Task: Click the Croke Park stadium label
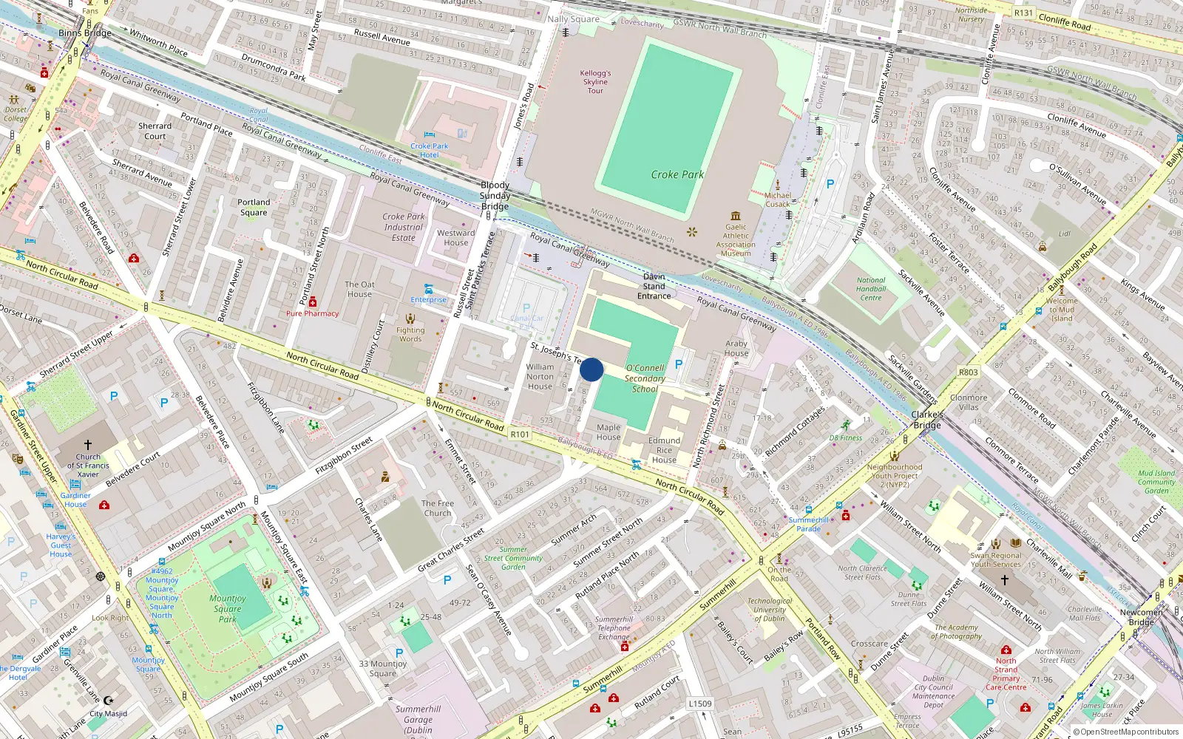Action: [677, 174]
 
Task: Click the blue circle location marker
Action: [591, 369]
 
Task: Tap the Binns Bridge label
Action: [85, 33]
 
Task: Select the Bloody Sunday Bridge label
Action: [495, 196]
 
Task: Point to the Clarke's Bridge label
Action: [926, 420]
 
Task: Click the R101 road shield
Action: [520, 435]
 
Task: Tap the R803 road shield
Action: [968, 372]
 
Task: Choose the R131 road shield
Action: [1023, 13]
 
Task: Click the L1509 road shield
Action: [699, 704]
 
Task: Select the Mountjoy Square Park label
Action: [227, 609]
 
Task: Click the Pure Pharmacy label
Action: [312, 313]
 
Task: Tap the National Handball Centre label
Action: [871, 289]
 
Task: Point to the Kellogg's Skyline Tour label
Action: [595, 82]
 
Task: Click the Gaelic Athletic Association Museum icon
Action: [736, 216]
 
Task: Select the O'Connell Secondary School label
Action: [645, 378]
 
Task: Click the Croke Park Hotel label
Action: [430, 151]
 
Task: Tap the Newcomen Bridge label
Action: [1141, 617]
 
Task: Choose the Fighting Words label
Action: [410, 335]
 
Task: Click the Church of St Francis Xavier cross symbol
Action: [88, 445]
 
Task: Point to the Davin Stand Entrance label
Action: [654, 286]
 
